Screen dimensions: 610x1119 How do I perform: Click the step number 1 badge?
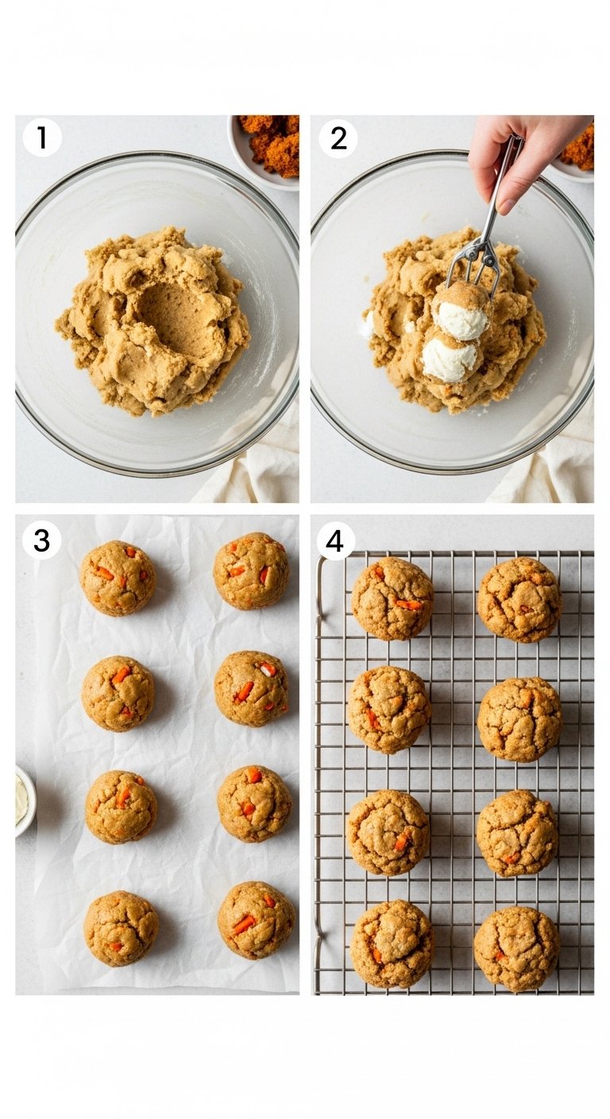pyautogui.click(x=42, y=137)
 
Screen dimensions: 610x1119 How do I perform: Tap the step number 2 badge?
pyautogui.click(x=338, y=137)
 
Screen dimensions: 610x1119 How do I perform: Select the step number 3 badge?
pyautogui.click(x=41, y=540)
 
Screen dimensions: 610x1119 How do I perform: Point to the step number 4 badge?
pyautogui.click(x=335, y=541)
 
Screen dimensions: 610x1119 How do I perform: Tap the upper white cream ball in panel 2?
pyautogui.click(x=461, y=319)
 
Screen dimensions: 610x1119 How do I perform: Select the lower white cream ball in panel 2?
pyautogui.click(x=450, y=358)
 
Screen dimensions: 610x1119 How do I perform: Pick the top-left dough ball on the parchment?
pyautogui.click(x=118, y=578)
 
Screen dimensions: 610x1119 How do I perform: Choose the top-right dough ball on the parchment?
pyautogui.click(x=251, y=571)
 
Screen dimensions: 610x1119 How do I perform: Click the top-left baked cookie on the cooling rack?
pyautogui.click(x=392, y=598)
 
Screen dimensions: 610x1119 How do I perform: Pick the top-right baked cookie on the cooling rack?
pyautogui.click(x=519, y=599)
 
